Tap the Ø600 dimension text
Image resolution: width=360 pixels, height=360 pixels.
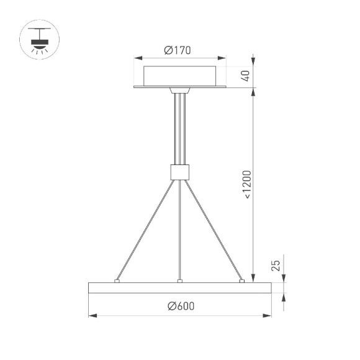click(179, 306)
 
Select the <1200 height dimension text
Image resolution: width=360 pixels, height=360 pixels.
click(246, 184)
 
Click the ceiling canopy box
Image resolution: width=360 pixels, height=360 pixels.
click(179, 75)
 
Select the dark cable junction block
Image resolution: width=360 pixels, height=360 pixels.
click(179, 171)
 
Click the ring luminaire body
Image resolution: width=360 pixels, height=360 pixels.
click(179, 288)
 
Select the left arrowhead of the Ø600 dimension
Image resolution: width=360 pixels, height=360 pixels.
click(92, 316)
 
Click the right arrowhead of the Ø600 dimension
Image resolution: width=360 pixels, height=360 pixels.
click(268, 316)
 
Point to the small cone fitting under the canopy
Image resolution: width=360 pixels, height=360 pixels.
click(179, 91)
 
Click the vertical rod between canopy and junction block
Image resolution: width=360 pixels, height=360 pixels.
click(179, 127)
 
